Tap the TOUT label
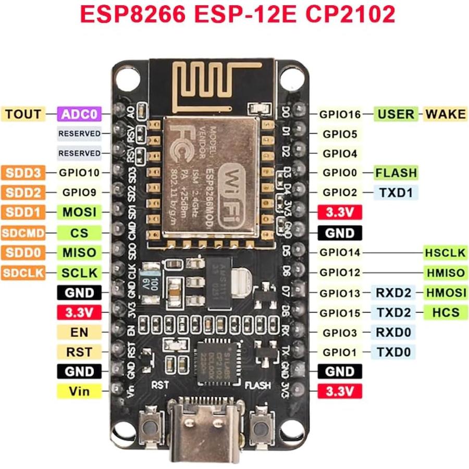[x=23, y=114]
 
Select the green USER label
[x=396, y=114]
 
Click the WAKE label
[x=445, y=114]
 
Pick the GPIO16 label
[x=340, y=114]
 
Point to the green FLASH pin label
[x=396, y=172]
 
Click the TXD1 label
[x=396, y=192]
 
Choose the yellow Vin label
[x=79, y=391]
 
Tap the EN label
[x=79, y=332]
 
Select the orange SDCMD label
[x=23, y=232]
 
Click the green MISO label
[x=79, y=252]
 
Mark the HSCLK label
[x=445, y=253]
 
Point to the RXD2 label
[x=393, y=293]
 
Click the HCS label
[x=445, y=312]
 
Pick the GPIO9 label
[x=79, y=192]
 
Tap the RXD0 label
[x=393, y=332]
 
